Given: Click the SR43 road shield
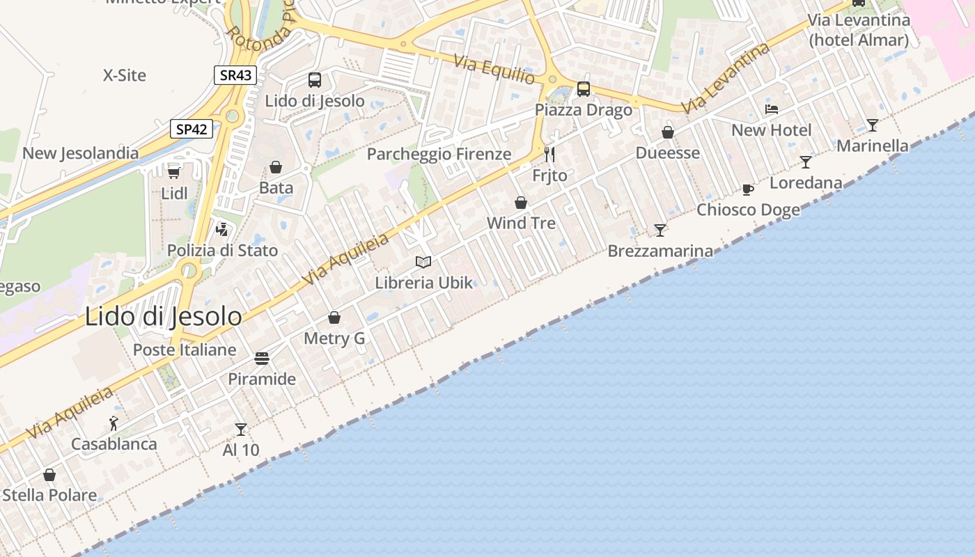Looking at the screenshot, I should (x=235, y=75).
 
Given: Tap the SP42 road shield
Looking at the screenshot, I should (x=192, y=129).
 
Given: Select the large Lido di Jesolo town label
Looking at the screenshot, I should (x=164, y=317).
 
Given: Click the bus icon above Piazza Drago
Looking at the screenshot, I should (x=584, y=89).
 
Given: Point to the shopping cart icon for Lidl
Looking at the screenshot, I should (x=174, y=172).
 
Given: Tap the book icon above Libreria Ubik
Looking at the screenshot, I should (x=423, y=262).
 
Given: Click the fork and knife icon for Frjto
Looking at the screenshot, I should (x=549, y=154).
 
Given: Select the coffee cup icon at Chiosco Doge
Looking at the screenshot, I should (x=748, y=189).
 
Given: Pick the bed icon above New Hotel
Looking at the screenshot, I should (x=772, y=109).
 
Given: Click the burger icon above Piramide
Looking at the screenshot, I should (x=262, y=359).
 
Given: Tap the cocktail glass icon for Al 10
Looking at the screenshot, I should (x=241, y=429).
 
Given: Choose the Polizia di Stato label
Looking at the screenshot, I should (x=222, y=251).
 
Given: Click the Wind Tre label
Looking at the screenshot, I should (x=521, y=223).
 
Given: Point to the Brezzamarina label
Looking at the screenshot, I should (x=660, y=251).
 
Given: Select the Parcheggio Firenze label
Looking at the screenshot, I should (x=439, y=154).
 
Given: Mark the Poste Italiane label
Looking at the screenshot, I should (x=185, y=350).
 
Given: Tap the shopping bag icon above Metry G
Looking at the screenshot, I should (x=334, y=317).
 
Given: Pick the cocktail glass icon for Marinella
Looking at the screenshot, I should (x=872, y=125).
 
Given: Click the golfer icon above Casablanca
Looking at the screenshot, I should (x=114, y=423).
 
